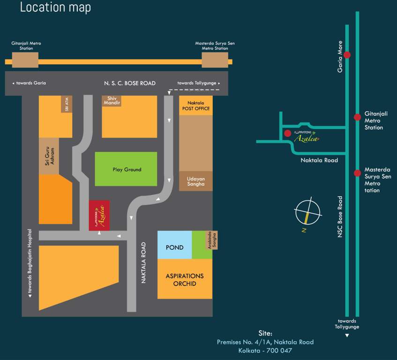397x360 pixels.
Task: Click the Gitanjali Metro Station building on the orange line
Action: (25, 60)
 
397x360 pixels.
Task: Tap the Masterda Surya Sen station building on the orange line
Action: (215, 60)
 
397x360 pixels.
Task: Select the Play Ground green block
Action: (127, 169)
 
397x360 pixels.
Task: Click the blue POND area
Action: (174, 247)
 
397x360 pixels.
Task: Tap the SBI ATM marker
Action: (67, 104)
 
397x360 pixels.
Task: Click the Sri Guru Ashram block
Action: (49, 157)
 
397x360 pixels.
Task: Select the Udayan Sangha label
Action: (196, 181)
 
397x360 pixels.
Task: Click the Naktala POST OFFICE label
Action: (196, 105)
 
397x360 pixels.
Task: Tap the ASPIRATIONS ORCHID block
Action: (185, 279)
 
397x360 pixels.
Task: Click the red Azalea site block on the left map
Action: (99, 216)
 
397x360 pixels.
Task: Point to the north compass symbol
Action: (307, 211)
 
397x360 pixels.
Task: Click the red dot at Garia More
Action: (347, 55)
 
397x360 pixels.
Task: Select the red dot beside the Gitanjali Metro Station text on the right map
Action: (357, 117)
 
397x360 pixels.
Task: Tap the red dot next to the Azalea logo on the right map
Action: (287, 134)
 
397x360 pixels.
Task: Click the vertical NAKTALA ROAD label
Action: (143, 262)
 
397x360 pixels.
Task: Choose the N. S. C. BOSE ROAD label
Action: (130, 83)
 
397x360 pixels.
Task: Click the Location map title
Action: (55, 7)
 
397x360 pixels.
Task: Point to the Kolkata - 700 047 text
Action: (265, 350)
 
